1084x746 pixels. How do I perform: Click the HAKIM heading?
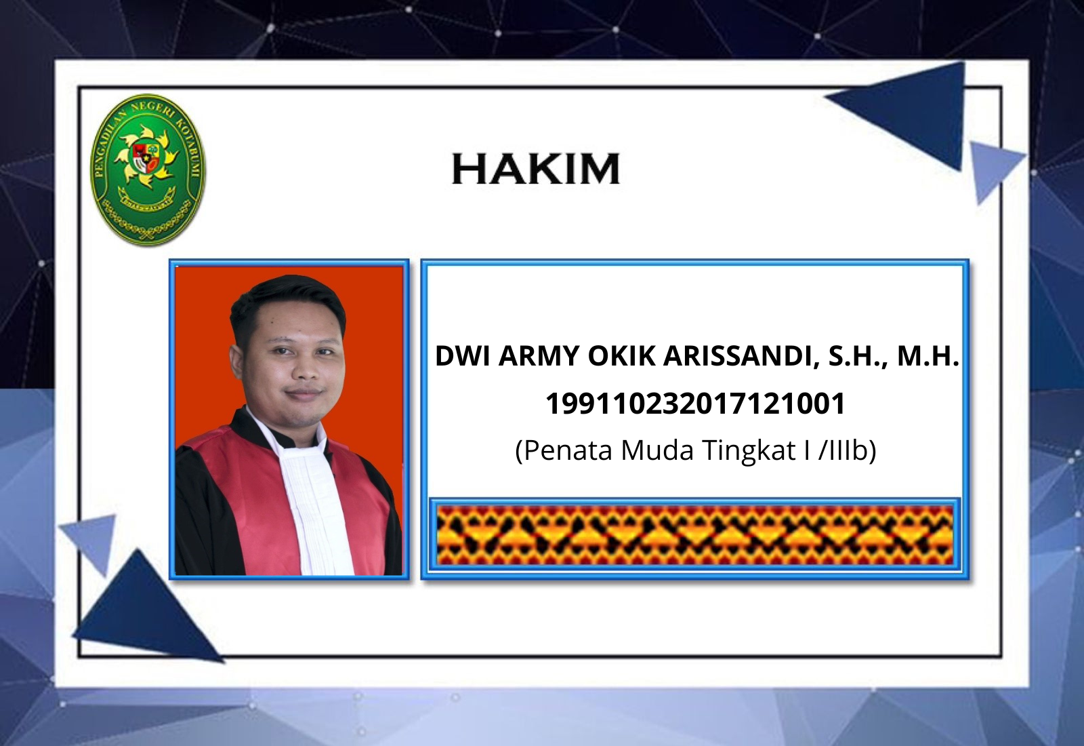click(536, 169)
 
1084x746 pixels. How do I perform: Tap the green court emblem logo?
click(148, 169)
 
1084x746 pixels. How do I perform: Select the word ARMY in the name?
click(539, 356)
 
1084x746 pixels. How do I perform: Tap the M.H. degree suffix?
click(928, 356)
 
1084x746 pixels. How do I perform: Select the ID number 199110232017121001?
click(695, 404)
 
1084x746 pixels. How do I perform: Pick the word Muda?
click(657, 450)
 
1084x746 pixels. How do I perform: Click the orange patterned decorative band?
click(695, 535)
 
